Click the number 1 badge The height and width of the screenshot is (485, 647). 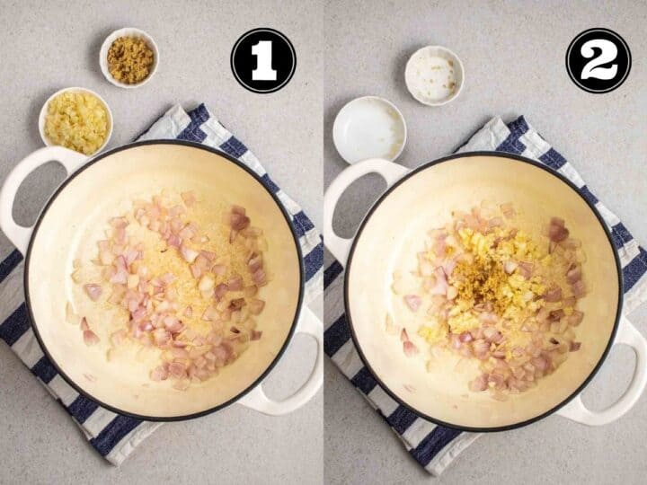[263, 61]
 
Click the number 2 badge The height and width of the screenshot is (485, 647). [598, 61]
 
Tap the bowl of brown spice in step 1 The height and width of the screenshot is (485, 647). [129, 57]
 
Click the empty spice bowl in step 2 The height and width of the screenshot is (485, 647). [434, 75]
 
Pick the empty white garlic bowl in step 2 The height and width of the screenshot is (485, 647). [369, 129]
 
